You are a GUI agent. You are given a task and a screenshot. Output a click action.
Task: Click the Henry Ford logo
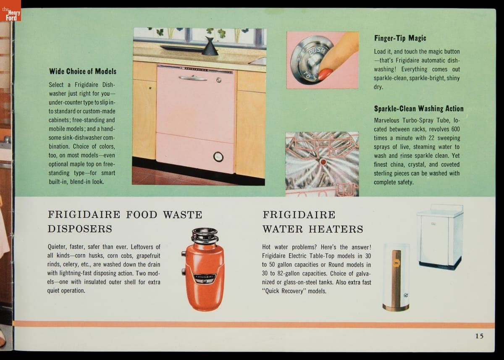(10, 11)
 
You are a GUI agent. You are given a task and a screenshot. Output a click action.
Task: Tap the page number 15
(480, 336)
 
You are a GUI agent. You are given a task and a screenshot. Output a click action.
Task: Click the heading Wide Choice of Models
(83, 71)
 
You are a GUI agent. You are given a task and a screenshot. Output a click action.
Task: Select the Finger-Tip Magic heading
(400, 38)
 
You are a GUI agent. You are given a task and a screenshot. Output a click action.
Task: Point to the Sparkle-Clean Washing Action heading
(419, 109)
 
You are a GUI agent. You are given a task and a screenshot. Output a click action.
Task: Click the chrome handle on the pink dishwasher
(193, 78)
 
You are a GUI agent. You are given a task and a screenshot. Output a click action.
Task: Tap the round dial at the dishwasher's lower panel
(218, 157)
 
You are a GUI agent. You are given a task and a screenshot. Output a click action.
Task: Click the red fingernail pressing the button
(325, 74)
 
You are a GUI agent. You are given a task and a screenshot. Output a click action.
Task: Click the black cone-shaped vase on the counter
(210, 46)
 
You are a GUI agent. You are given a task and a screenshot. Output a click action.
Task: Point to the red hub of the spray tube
(323, 162)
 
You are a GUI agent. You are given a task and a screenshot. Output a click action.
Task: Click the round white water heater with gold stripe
(396, 277)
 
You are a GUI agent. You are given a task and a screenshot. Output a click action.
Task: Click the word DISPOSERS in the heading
(80, 229)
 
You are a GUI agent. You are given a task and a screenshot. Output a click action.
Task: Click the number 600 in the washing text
(455, 129)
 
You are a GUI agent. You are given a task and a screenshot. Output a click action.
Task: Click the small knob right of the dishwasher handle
(218, 80)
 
